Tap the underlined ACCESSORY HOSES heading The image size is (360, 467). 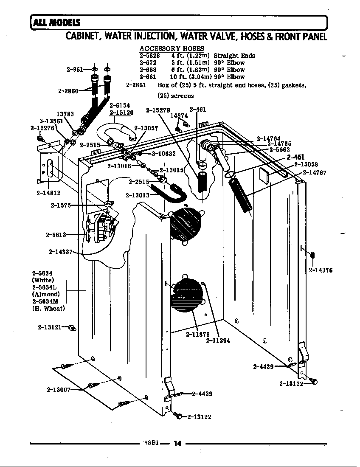click(x=172, y=49)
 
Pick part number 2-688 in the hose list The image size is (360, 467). click(x=148, y=70)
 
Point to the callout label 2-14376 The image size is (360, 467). click(x=320, y=270)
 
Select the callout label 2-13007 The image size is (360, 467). click(x=58, y=389)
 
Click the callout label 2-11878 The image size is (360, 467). click(x=198, y=334)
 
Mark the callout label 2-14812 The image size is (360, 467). click(x=48, y=193)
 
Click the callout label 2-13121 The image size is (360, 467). click(x=50, y=327)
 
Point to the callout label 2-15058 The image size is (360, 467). click(x=306, y=165)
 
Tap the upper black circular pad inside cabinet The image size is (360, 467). click(x=185, y=225)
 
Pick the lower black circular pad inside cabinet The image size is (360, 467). click(x=188, y=293)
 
